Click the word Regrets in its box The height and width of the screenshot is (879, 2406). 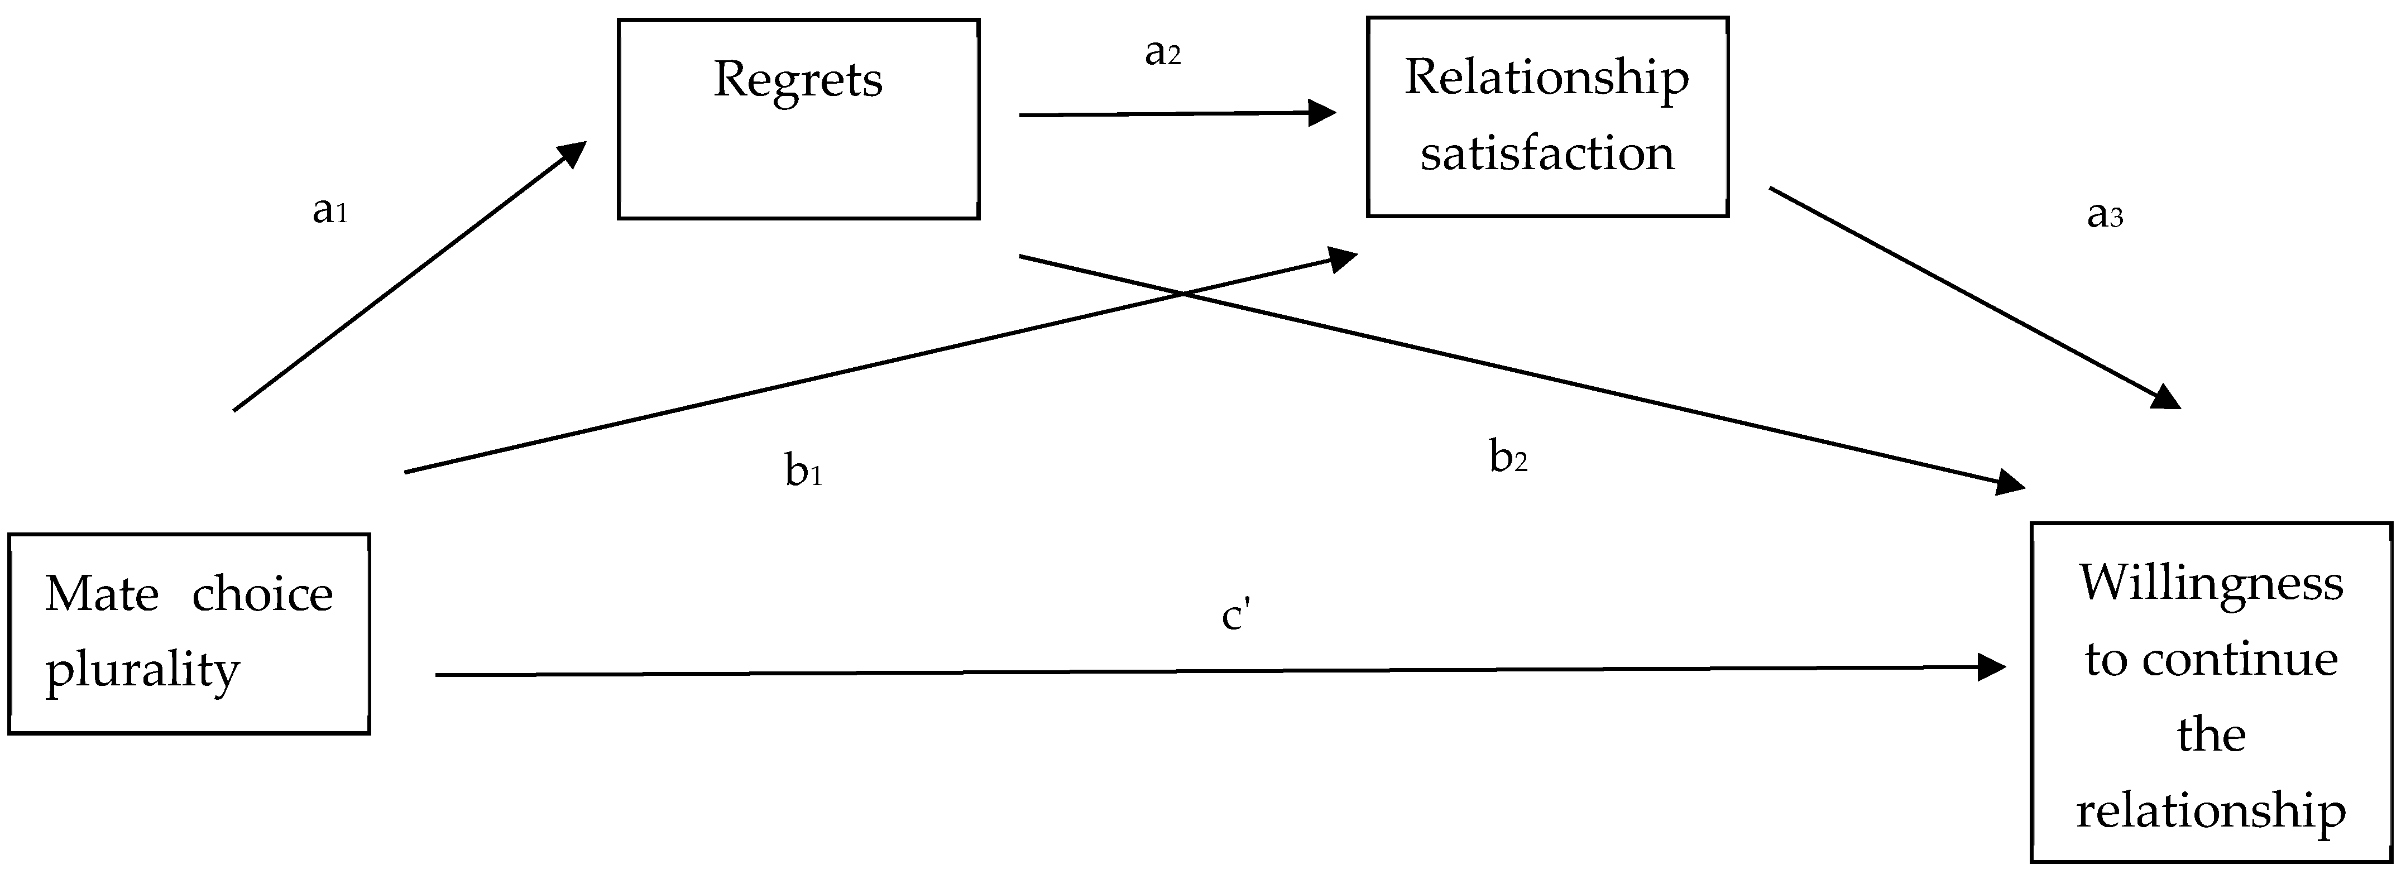click(798, 79)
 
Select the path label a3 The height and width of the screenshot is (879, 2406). click(2105, 216)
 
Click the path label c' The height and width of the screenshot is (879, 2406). click(1236, 617)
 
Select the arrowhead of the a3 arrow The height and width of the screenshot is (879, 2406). click(2165, 400)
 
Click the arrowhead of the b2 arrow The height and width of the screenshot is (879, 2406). click(2010, 484)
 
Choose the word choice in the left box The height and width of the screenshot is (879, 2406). click(262, 595)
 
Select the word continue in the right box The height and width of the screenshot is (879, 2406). click(2240, 660)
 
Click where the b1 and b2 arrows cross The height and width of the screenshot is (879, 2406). click(1182, 294)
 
